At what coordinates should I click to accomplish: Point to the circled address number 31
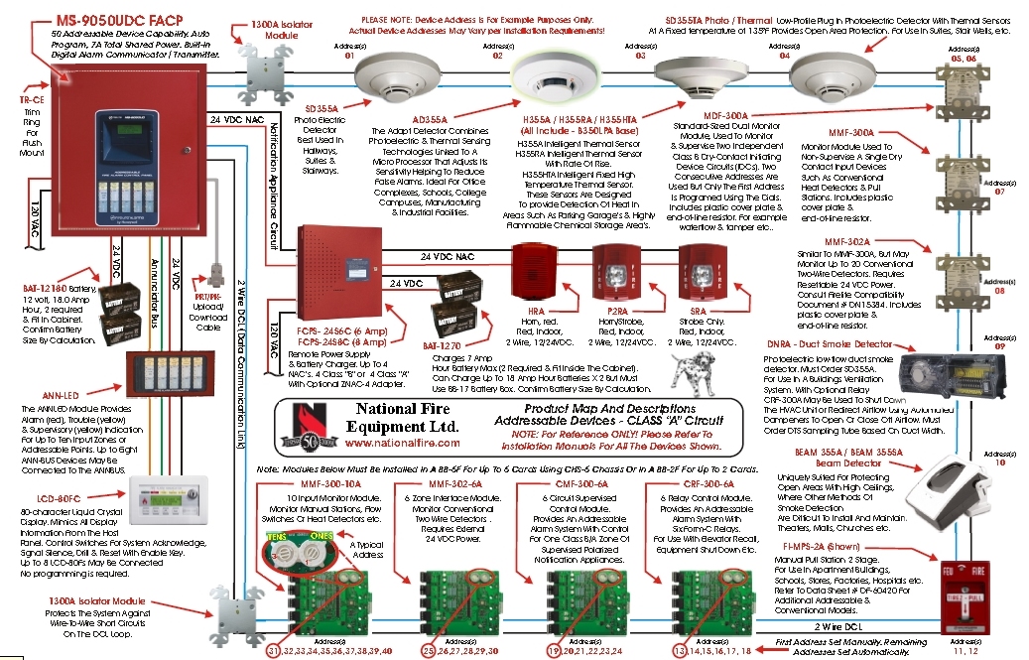coord(275,650)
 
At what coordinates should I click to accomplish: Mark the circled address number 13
coord(680,650)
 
